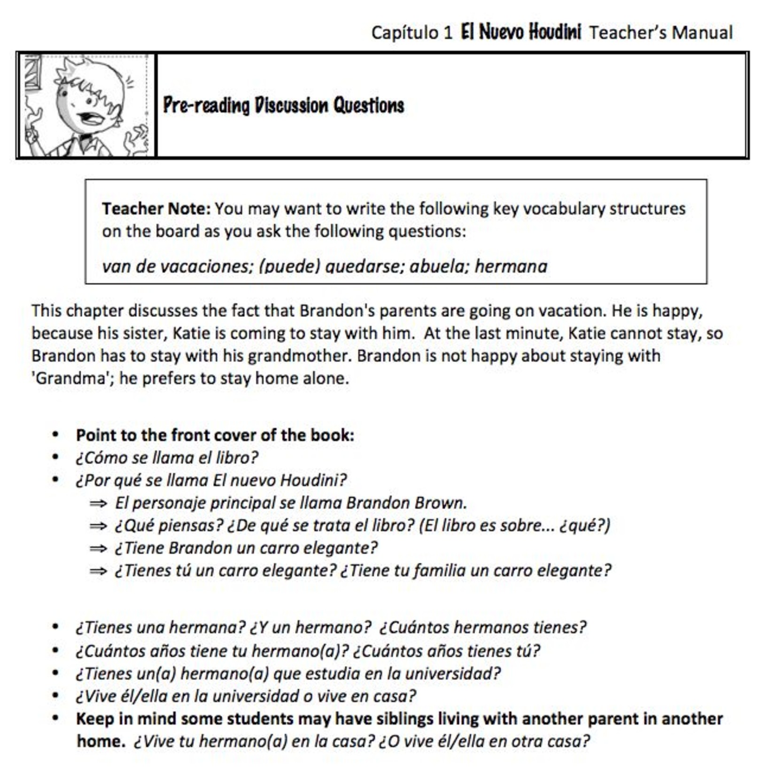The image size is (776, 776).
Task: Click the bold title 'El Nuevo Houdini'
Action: (520, 32)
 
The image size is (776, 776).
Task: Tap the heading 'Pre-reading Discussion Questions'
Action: (283, 106)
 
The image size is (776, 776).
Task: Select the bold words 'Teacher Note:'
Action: (156, 209)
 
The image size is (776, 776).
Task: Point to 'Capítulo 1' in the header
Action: (412, 33)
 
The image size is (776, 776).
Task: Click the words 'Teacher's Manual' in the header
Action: (660, 33)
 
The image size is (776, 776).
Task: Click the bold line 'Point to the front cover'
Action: (215, 435)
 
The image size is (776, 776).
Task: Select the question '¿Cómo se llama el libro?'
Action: (167, 458)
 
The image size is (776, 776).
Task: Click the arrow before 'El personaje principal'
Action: (98, 503)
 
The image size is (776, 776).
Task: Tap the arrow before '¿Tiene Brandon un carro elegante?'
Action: (98, 548)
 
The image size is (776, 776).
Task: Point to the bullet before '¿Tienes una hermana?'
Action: (55, 627)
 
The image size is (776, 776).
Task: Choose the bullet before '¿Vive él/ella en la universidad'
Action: (55, 696)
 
